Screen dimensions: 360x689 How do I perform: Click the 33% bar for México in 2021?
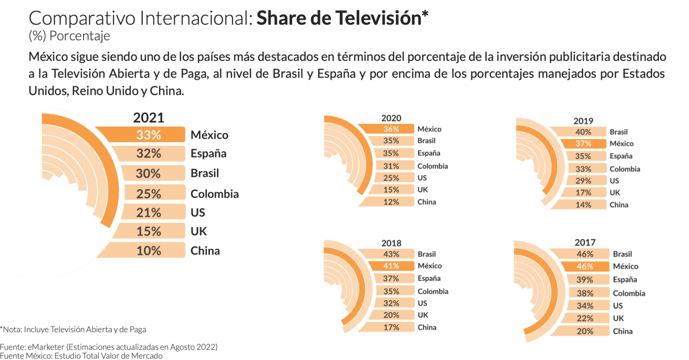pyautogui.click(x=148, y=135)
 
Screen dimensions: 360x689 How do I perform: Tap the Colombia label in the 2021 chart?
pyautogui.click(x=214, y=194)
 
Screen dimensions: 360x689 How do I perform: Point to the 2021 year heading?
pyautogui.click(x=148, y=118)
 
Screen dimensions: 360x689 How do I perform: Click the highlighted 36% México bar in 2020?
pyautogui.click(x=391, y=129)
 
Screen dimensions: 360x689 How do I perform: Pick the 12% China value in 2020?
pyautogui.click(x=391, y=202)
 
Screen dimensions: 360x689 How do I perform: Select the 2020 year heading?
pyautogui.click(x=391, y=118)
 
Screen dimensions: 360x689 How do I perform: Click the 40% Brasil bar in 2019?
pyautogui.click(x=583, y=132)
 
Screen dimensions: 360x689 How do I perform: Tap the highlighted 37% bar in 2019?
pyautogui.click(x=583, y=144)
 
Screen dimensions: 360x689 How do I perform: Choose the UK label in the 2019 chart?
pyautogui.click(x=615, y=193)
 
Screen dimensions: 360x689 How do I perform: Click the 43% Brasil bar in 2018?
pyautogui.click(x=391, y=254)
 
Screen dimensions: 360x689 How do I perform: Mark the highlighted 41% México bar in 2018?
pyautogui.click(x=391, y=266)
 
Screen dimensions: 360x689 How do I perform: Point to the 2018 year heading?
pyautogui.click(x=391, y=243)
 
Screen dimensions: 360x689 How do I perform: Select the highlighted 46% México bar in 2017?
pyautogui.click(x=584, y=266)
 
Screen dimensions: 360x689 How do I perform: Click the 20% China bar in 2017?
pyautogui.click(x=584, y=331)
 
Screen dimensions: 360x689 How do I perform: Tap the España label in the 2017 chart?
pyautogui.click(x=625, y=279)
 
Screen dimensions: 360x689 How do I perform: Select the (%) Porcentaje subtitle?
pyautogui.click(x=69, y=36)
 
